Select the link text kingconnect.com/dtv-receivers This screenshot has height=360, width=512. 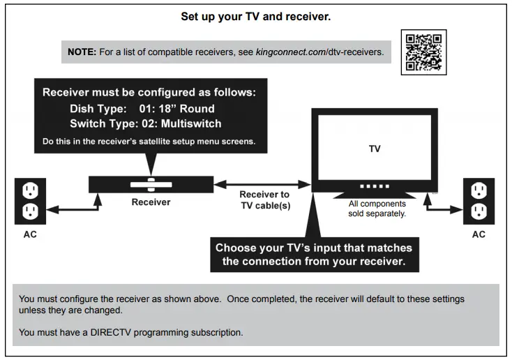pos(324,52)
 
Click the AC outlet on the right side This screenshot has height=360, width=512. pos(479,200)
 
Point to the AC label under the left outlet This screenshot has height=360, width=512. pos(31,234)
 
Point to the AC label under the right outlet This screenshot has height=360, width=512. pos(479,234)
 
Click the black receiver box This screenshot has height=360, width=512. pos(150,184)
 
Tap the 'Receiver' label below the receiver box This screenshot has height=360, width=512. pos(151,203)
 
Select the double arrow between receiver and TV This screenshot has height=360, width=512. pos(262,184)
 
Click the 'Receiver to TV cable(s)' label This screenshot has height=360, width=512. pos(264,200)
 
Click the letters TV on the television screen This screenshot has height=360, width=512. pos(374,149)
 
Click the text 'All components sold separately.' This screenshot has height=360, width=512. pos(377,209)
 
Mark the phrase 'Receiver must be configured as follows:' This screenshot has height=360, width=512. pos(149,93)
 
